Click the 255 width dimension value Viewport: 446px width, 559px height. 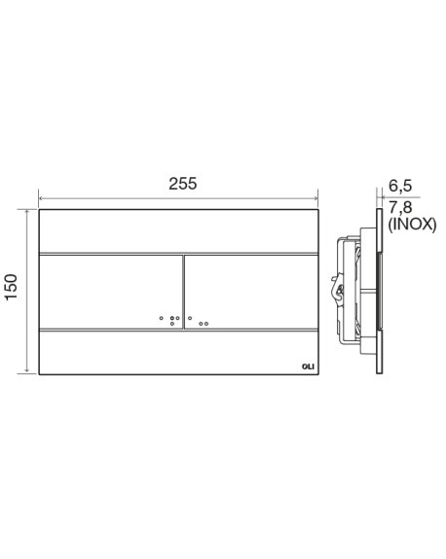click(x=182, y=184)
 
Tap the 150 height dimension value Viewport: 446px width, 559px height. click(x=11, y=287)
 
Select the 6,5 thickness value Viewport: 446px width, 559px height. click(x=400, y=186)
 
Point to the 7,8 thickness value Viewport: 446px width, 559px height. click(x=400, y=207)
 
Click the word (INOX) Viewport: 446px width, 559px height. click(x=412, y=225)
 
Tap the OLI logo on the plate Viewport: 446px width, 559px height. click(x=308, y=367)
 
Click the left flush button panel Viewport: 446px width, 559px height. click(x=111, y=292)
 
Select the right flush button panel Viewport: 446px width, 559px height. click(x=251, y=292)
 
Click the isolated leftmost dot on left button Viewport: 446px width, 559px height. click(x=162, y=318)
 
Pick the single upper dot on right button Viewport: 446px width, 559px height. click(x=190, y=318)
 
